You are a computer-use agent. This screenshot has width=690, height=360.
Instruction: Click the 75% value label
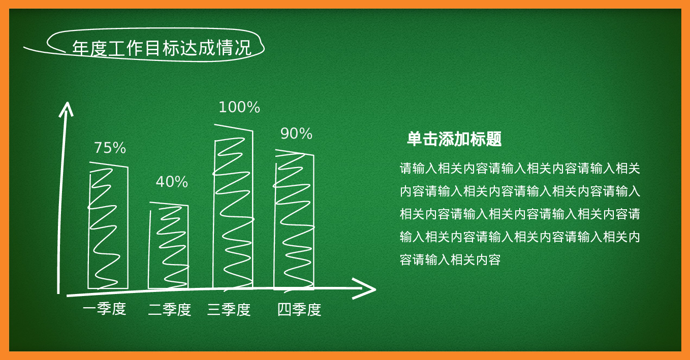(110, 148)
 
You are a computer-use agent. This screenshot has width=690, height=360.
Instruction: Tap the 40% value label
(172, 182)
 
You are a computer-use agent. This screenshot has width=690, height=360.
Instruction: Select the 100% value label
(239, 107)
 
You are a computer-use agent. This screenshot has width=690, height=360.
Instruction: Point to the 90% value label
(296, 134)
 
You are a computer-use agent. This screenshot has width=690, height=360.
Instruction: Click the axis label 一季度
(105, 309)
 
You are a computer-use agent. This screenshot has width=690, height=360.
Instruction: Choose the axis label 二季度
(170, 310)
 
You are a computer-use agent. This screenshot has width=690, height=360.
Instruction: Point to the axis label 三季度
(229, 310)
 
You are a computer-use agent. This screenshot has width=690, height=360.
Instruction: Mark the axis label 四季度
(299, 310)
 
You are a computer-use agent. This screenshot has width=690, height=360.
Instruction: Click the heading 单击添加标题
(454, 139)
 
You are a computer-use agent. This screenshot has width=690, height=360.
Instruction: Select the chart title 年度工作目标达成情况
(162, 48)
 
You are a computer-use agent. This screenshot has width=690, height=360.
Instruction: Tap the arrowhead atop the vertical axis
(66, 109)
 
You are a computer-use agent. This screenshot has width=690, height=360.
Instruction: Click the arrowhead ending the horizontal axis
(365, 288)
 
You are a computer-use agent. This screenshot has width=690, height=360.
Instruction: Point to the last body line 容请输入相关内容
(450, 259)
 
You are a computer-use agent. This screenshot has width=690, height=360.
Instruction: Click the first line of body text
(520, 168)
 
